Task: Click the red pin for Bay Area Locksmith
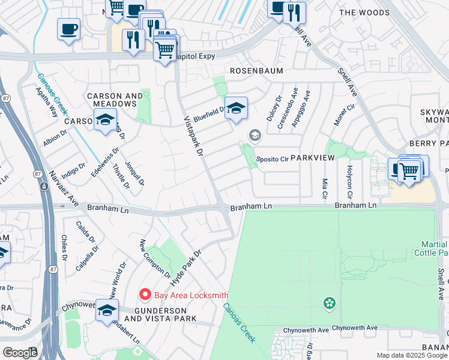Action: (x=144, y=294)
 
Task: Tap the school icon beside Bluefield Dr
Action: (x=237, y=109)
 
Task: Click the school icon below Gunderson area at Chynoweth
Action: (x=107, y=311)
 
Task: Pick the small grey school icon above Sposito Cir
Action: (x=255, y=136)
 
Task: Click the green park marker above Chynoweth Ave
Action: (x=328, y=303)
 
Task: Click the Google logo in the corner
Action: (x=20, y=353)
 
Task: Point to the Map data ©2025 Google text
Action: (x=412, y=355)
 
